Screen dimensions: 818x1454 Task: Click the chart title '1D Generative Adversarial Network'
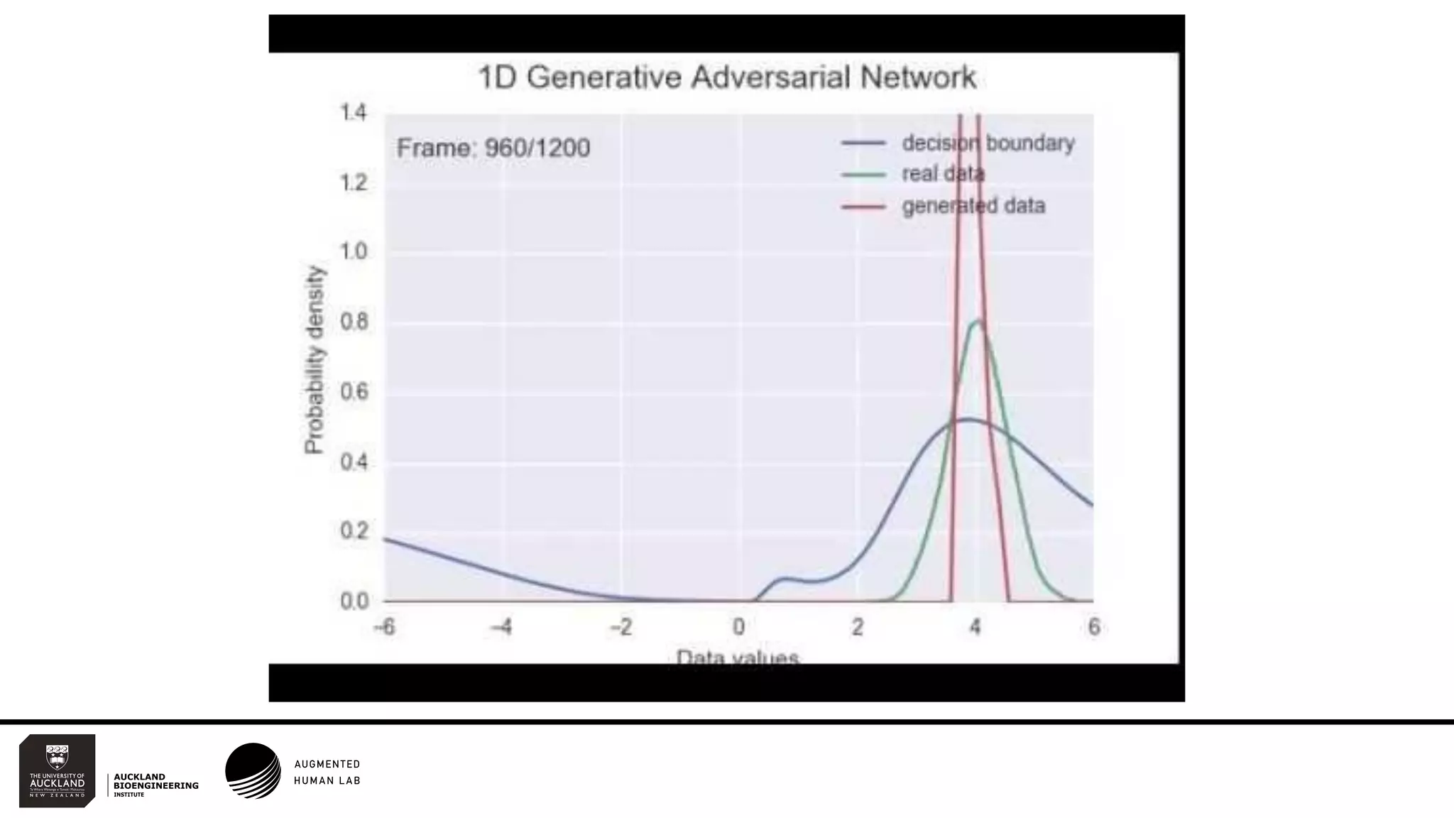727,77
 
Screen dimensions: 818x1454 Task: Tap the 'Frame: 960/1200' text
493,148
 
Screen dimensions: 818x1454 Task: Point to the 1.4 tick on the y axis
353,112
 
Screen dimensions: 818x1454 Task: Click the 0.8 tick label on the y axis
354,322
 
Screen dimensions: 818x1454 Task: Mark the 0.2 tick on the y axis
354,531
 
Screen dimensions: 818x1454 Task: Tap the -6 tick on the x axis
384,627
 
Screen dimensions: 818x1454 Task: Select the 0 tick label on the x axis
739,627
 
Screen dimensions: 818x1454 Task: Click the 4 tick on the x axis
975,627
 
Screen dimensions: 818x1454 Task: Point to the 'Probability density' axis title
314,359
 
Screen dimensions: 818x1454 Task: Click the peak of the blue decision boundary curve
967,420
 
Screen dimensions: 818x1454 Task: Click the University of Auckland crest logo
58,770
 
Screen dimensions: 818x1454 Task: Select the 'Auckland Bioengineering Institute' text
155,785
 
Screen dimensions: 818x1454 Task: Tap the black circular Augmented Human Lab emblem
253,771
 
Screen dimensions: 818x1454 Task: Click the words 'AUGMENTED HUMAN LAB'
327,772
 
